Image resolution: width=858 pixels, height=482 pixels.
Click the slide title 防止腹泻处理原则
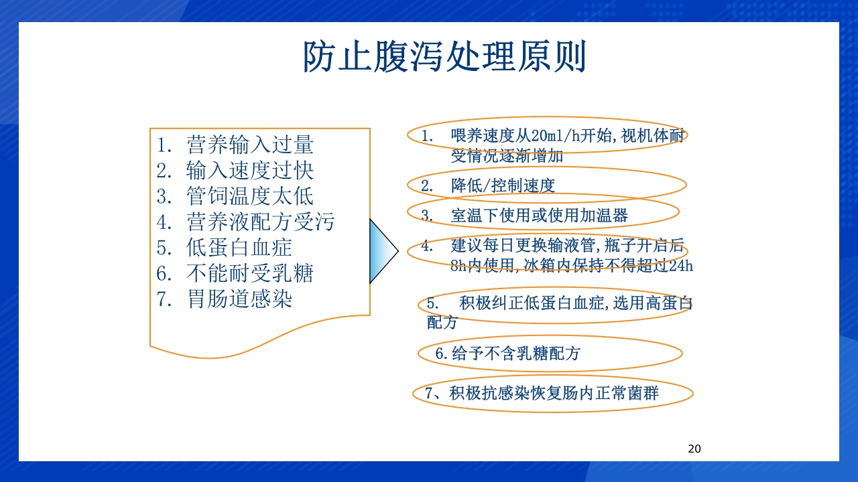(x=444, y=57)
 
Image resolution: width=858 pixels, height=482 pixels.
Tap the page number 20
(x=694, y=449)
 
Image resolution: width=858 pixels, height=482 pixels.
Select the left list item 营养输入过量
(x=249, y=145)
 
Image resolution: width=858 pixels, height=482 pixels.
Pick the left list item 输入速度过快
(x=249, y=171)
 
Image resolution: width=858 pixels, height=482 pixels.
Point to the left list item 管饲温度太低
(x=249, y=196)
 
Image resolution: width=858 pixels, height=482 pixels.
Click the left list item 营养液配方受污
(x=260, y=222)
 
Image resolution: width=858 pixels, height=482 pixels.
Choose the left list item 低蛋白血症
(x=239, y=247)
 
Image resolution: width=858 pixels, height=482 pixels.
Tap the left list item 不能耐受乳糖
(x=249, y=272)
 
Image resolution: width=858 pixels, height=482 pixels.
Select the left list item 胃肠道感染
(x=239, y=299)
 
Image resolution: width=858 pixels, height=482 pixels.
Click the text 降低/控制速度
(x=503, y=185)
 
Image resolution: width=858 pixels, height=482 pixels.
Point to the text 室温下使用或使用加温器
(x=539, y=216)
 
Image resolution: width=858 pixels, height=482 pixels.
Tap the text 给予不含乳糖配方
(x=515, y=353)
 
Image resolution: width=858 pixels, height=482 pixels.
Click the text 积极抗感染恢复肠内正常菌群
(x=554, y=393)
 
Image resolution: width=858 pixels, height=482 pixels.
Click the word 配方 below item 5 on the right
(x=442, y=322)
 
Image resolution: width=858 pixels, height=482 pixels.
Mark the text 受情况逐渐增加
(x=507, y=156)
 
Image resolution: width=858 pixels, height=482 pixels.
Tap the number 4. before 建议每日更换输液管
(x=427, y=246)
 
